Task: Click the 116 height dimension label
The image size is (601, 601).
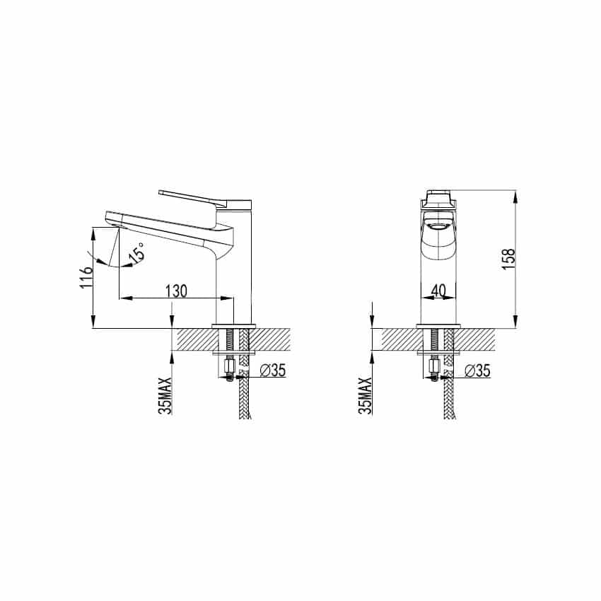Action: coord(87,276)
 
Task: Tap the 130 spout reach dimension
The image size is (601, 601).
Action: coord(176,291)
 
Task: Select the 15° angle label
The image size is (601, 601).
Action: coord(138,253)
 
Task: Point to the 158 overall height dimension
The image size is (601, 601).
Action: coord(508,259)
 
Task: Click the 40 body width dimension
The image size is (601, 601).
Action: coord(438,291)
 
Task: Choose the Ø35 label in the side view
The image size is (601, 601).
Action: coord(273,370)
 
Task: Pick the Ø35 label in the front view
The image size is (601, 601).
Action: coord(477,370)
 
